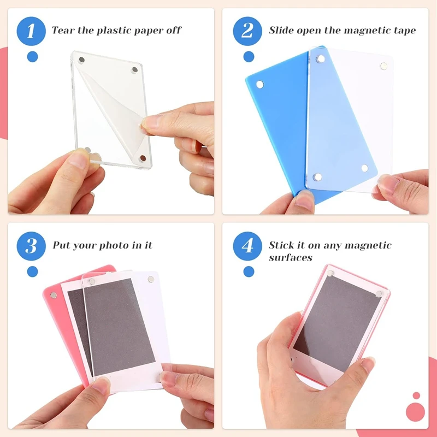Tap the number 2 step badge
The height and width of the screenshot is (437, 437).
click(x=249, y=31)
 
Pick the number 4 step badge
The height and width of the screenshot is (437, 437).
click(x=249, y=245)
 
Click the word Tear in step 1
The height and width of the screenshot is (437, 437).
click(x=64, y=30)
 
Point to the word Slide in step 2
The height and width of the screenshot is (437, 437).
click(x=282, y=30)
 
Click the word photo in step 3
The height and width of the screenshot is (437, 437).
click(x=115, y=245)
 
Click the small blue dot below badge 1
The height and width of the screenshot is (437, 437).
click(x=32, y=56)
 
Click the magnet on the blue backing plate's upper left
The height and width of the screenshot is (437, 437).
click(x=259, y=84)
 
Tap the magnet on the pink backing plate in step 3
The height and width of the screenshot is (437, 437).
click(x=54, y=295)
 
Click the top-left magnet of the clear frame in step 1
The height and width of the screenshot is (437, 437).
click(x=81, y=59)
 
